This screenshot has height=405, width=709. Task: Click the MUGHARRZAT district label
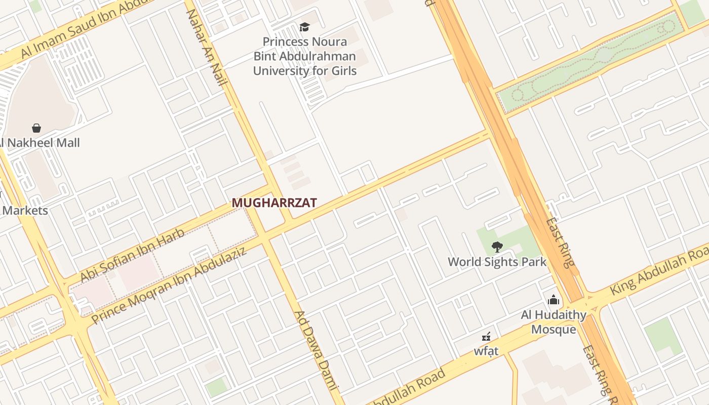[274, 203]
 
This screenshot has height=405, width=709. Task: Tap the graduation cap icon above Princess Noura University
[304, 27]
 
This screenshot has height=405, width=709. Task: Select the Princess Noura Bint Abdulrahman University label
[304, 56]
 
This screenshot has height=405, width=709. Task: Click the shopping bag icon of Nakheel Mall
[36, 128]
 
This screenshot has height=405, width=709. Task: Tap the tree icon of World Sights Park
[497, 247]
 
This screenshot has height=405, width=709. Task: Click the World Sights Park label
[497, 262]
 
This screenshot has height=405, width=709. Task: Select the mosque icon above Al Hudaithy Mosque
[554, 300]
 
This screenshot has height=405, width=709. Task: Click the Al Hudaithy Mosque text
[554, 322]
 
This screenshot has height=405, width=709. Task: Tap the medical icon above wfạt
[486, 336]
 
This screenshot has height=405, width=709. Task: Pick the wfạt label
[486, 350]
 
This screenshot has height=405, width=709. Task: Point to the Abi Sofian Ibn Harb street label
[132, 257]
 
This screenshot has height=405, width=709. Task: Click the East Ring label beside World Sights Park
[561, 242]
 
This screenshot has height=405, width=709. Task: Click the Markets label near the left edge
[25, 210]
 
